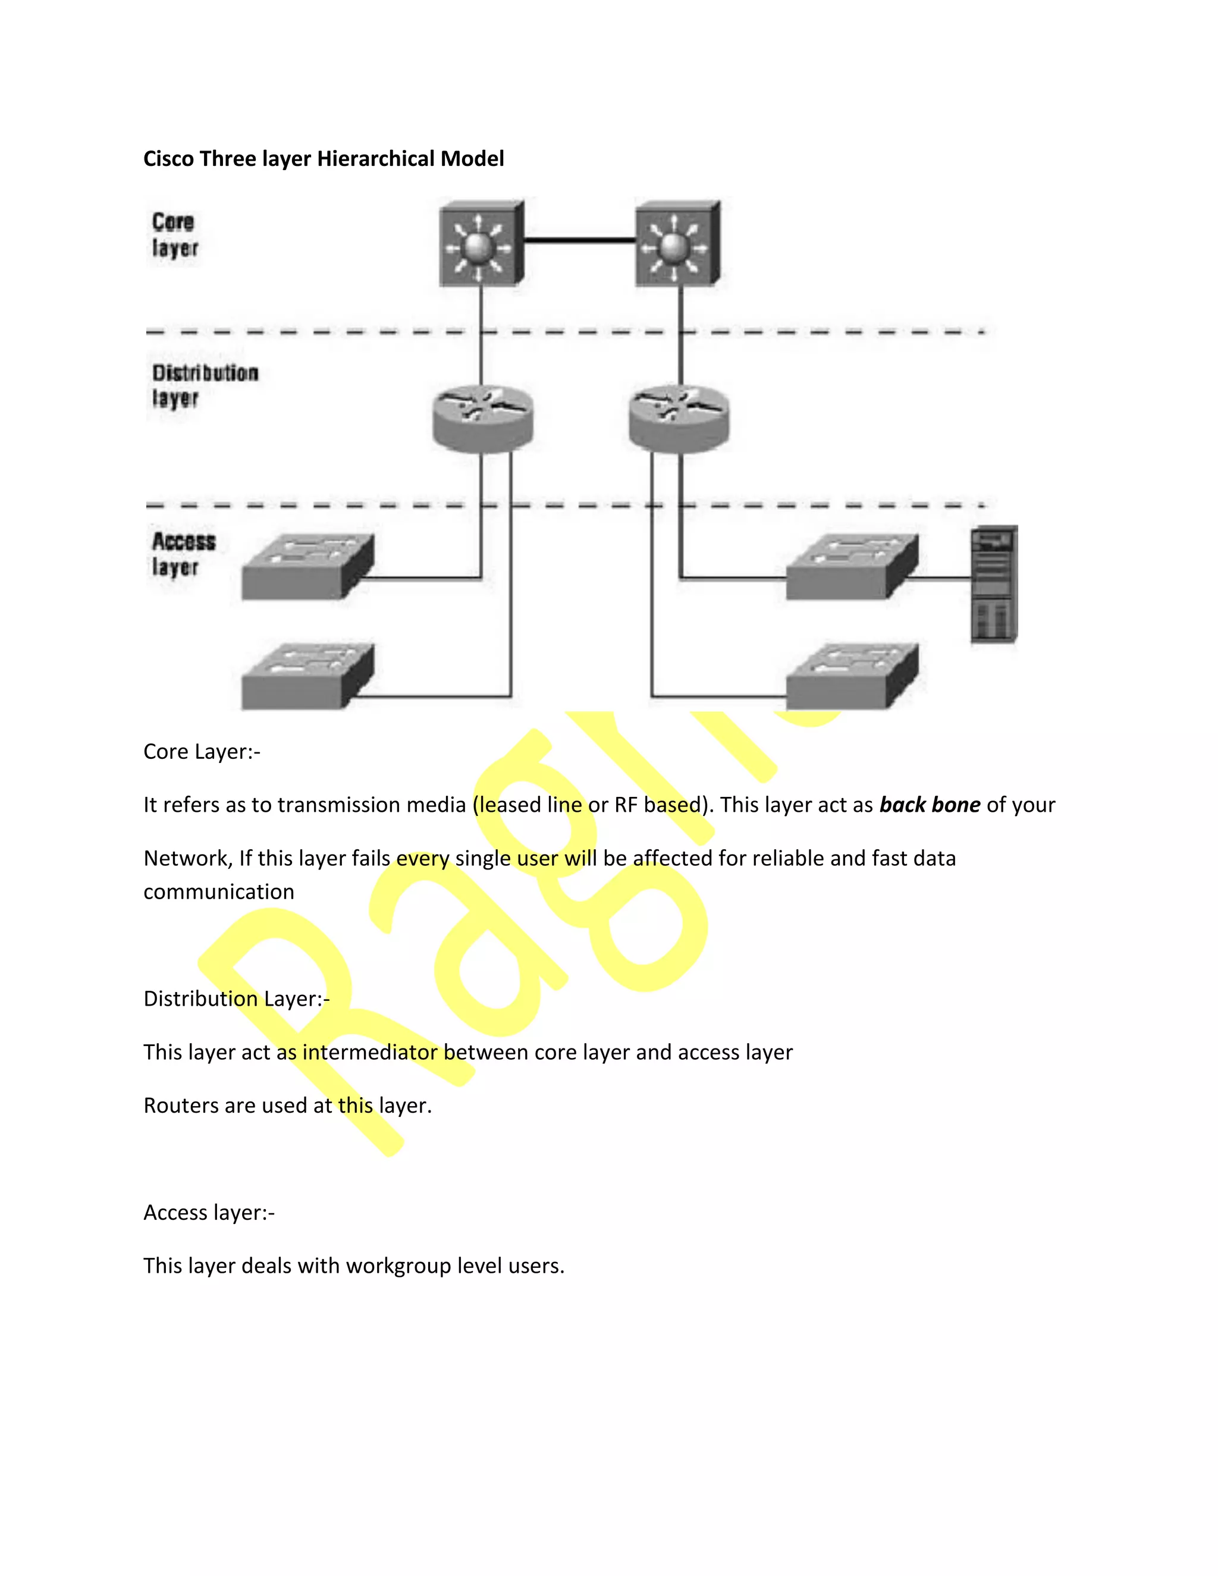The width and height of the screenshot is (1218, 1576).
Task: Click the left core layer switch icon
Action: coord(481,244)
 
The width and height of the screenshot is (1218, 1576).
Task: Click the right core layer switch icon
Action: coord(677,244)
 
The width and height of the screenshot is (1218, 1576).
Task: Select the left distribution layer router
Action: coord(483,419)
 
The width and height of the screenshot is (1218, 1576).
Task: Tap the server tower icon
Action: coord(994,585)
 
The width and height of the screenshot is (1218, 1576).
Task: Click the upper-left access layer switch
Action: coord(307,567)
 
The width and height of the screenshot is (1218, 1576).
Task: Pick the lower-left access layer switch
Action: coord(307,677)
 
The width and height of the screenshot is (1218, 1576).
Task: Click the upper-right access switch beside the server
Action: coord(852,567)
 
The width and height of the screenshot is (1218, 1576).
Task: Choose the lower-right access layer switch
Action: coord(852,677)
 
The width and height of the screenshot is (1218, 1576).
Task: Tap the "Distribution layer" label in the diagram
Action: coord(204,385)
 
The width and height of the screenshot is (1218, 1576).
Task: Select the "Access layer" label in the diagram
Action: coord(183,554)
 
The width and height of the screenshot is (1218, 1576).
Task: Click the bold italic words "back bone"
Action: coord(930,805)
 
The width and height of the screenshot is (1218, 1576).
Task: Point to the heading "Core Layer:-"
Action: coord(202,752)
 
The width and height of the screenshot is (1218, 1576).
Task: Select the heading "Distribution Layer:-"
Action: coord(237,999)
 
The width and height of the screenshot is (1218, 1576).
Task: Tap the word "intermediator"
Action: coord(369,1052)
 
